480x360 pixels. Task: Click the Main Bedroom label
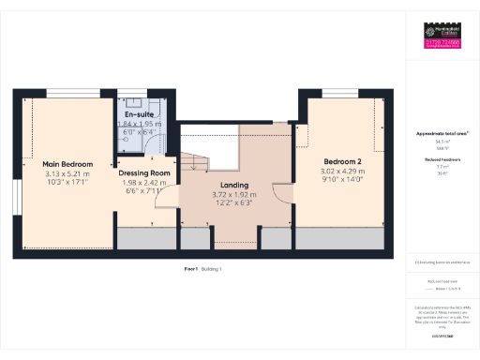[67, 164]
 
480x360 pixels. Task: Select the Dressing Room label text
[144, 173]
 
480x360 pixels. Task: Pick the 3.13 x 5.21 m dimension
[67, 174]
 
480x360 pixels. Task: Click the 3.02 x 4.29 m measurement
[341, 172]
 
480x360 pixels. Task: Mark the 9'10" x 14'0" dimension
[341, 182]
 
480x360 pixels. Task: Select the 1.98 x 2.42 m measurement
[144, 184]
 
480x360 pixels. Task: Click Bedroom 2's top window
[342, 92]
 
